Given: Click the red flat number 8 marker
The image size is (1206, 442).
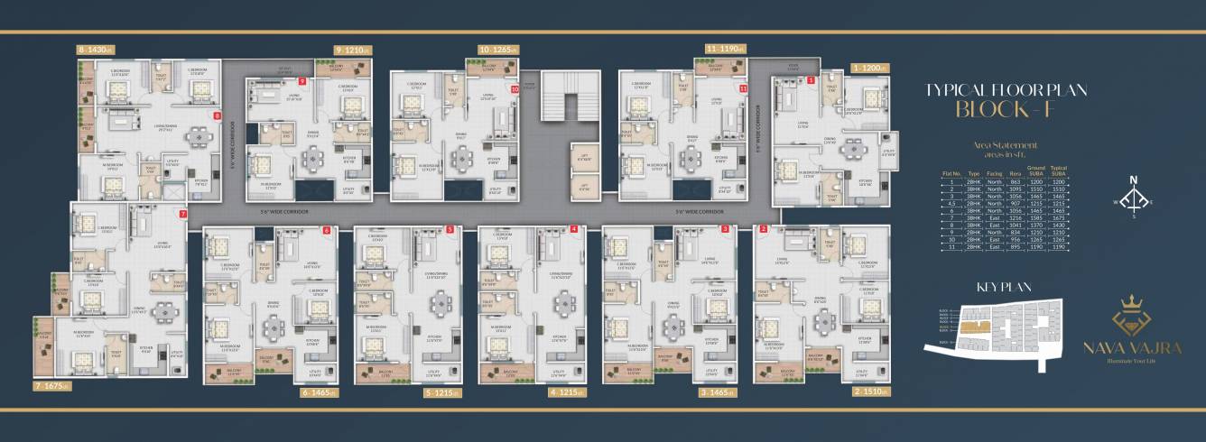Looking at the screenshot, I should (x=217, y=116).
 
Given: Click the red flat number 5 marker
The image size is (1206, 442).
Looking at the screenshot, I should (x=450, y=230).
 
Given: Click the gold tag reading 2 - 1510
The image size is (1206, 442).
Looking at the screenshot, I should (x=871, y=392).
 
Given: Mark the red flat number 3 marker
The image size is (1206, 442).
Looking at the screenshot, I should (x=725, y=230).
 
